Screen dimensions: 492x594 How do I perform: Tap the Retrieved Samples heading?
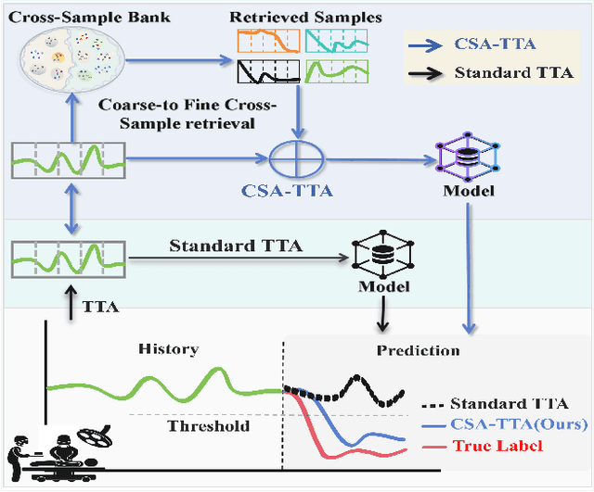pos(294,16)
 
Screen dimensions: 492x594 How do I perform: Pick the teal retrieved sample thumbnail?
pos(336,40)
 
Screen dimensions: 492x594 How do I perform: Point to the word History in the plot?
pos(168,349)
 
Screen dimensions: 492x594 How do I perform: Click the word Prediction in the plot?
pos(418,350)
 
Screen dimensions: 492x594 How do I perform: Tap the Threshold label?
pos(208,425)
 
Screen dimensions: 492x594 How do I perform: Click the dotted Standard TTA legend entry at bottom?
pos(496,403)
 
